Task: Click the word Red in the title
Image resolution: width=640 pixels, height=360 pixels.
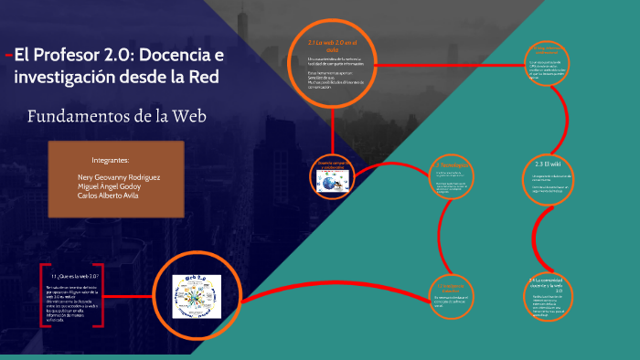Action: [202, 77]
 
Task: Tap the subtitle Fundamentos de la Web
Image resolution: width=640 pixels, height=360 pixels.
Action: [117, 116]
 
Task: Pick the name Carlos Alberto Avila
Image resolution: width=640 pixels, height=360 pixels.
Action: [109, 196]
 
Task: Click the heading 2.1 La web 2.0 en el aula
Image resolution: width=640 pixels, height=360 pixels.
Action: [331, 47]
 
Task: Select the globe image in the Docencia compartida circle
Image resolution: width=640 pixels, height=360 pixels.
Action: [329, 184]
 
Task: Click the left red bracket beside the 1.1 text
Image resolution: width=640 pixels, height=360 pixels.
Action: [42, 298]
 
